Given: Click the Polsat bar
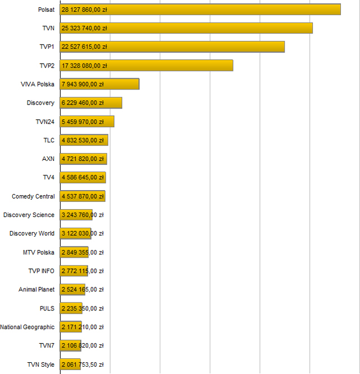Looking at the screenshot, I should click(x=200, y=10).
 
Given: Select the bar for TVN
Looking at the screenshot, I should click(x=186, y=28).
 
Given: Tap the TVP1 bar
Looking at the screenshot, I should click(x=172, y=47).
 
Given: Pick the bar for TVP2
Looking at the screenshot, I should click(x=146, y=65).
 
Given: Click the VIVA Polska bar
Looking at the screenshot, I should click(x=100, y=84).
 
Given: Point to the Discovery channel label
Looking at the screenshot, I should click(x=40, y=103).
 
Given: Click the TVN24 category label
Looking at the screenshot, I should click(x=44, y=121).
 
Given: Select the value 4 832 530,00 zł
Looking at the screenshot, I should click(x=82, y=140).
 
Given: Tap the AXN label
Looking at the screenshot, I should click(x=48, y=159).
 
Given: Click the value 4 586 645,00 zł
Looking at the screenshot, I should click(x=82, y=178).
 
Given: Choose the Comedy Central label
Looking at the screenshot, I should click(x=33, y=196).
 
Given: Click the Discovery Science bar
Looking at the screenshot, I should click(x=76, y=215).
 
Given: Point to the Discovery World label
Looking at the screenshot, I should click(x=32, y=233).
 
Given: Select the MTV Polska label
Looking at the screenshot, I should click(x=39, y=252).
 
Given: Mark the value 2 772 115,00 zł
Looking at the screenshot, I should click(x=82, y=271).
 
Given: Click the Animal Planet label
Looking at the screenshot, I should click(x=37, y=290).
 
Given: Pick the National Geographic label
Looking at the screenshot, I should click(x=28, y=327).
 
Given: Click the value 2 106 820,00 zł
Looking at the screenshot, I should click(x=82, y=345).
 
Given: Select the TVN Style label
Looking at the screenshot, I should click(x=41, y=364).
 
